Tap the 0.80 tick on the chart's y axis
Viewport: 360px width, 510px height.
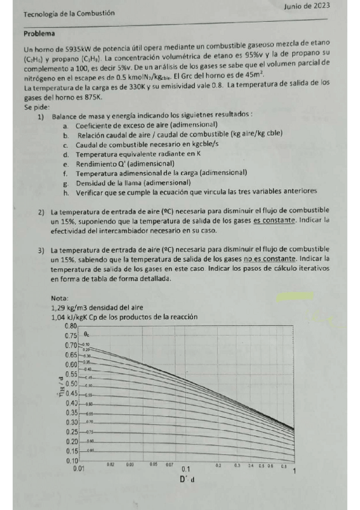coord(71,326)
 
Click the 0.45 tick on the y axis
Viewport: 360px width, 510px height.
coord(71,393)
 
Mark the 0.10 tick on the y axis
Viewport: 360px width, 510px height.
coord(71,461)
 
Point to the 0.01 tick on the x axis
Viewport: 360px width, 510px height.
coord(78,468)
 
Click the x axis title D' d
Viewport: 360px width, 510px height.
coord(187,479)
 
